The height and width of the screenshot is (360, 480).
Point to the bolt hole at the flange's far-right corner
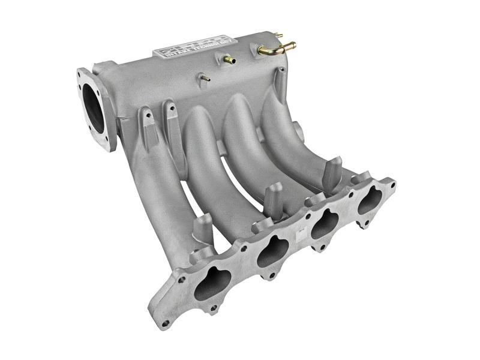[392, 181]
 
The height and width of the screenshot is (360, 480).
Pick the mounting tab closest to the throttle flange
[146, 120]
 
